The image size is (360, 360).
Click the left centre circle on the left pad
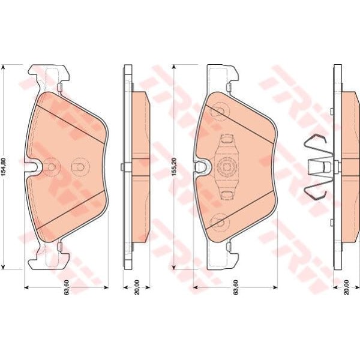point(52,167)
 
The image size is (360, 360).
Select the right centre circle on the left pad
point(77,167)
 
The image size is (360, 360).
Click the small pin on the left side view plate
point(122,167)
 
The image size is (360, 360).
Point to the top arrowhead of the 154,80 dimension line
point(5,68)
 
